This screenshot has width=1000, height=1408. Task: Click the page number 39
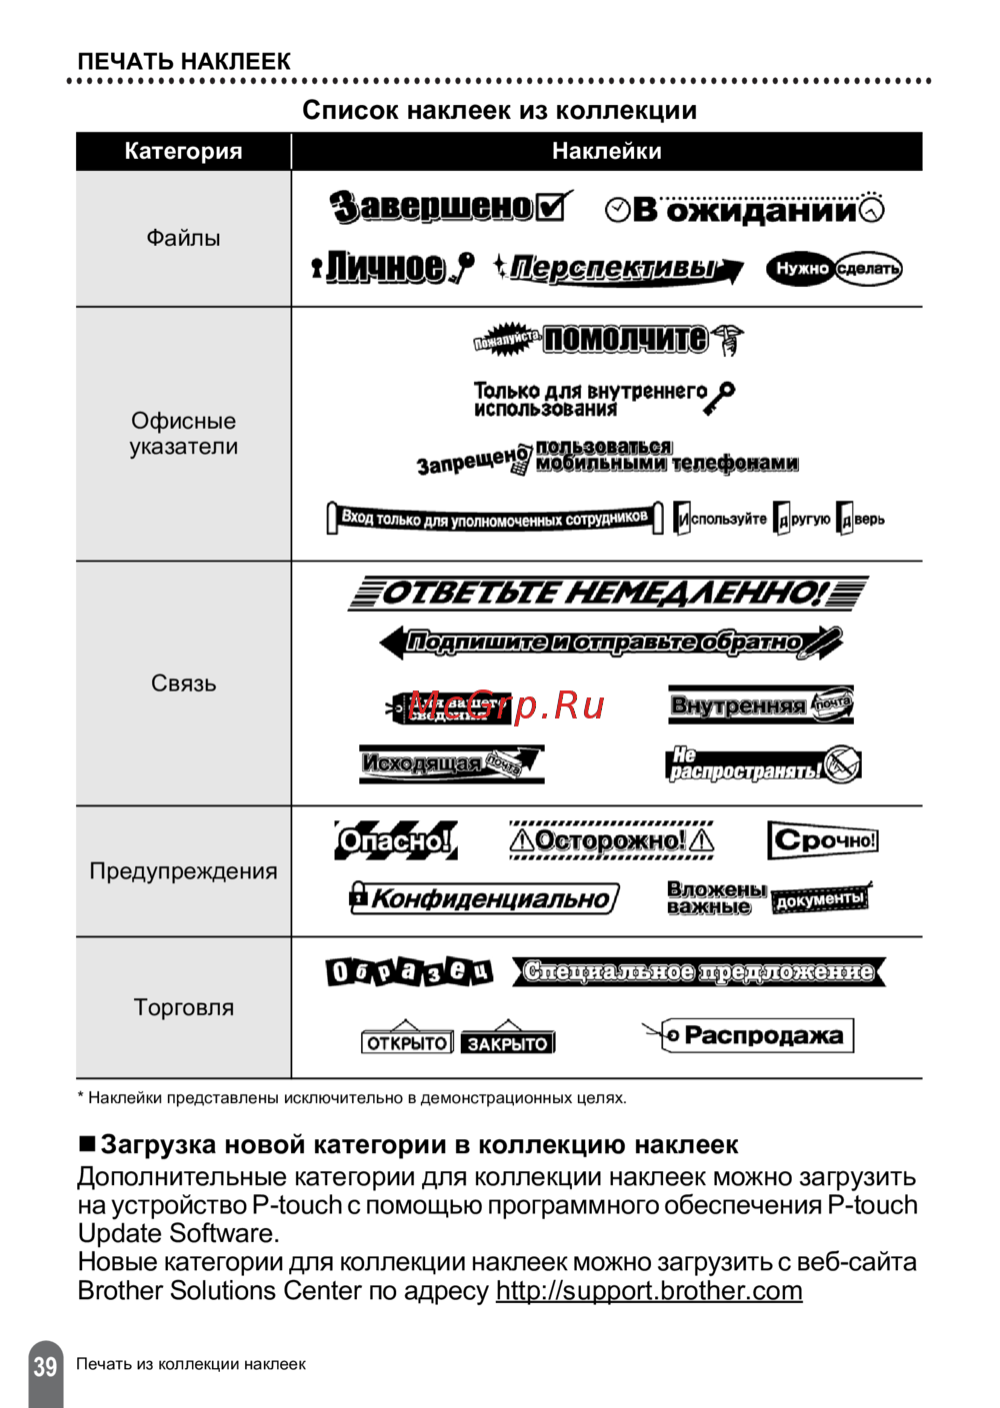(x=45, y=1366)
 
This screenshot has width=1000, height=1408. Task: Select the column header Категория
(x=183, y=151)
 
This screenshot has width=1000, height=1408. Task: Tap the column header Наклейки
(x=606, y=151)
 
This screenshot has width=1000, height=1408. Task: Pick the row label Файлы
(x=183, y=238)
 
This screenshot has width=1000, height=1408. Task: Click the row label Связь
(x=183, y=684)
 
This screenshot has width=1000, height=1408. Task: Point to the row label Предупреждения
(x=183, y=871)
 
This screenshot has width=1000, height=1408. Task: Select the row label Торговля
(x=183, y=1007)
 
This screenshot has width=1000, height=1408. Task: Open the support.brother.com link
(x=649, y=1290)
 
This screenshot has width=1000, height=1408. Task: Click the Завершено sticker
(x=450, y=207)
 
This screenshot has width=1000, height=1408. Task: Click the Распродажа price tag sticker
(x=750, y=1035)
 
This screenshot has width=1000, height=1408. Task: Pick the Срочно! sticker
(x=823, y=840)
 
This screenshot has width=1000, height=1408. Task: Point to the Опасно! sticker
(x=395, y=840)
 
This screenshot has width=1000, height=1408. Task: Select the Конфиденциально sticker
(x=485, y=897)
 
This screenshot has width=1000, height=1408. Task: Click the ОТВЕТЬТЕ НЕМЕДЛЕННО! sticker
(x=607, y=593)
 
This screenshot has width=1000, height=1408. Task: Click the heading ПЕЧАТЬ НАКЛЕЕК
(x=184, y=61)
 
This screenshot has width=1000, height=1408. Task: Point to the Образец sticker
(x=409, y=971)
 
